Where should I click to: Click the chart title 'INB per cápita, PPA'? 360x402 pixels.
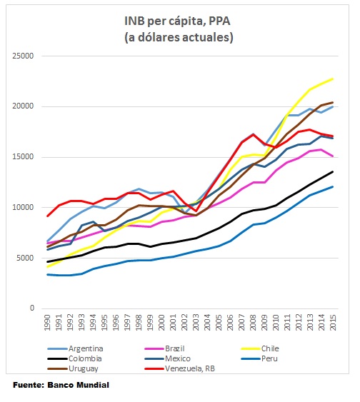point(180,21)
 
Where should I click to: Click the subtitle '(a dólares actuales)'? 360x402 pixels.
point(180,36)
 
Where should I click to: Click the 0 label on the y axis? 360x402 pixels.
point(32,308)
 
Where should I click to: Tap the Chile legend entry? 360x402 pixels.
point(275,348)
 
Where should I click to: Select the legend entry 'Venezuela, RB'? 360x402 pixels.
point(195,369)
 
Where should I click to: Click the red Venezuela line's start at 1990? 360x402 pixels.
point(48,216)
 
